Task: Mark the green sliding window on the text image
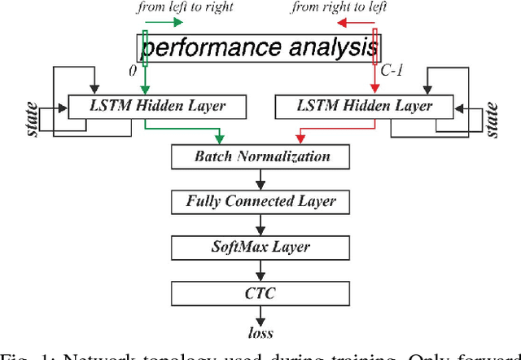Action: pos(145,48)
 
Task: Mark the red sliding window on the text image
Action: pos(375,47)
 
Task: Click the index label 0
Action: pos(134,71)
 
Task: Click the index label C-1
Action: pos(392,72)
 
